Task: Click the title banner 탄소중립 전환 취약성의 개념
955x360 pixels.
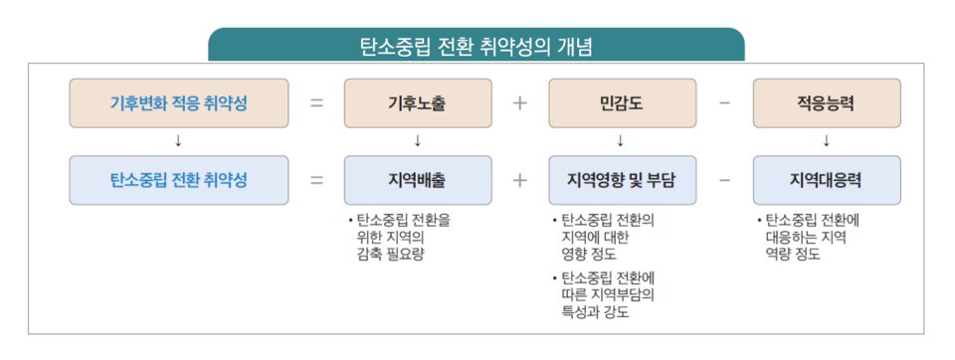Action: (477, 46)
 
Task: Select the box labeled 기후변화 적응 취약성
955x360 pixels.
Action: (179, 102)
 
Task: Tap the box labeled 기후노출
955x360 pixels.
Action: (418, 102)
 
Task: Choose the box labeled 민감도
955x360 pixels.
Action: (621, 102)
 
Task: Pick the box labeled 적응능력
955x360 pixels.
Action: (826, 102)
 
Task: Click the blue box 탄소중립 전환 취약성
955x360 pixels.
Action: (179, 180)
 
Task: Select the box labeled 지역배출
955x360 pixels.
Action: (418, 180)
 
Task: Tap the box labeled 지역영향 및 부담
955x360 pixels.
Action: (621, 180)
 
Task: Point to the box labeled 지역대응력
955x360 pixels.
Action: (826, 180)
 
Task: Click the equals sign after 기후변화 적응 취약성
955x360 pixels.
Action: (316, 102)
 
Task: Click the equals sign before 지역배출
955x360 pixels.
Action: (316, 180)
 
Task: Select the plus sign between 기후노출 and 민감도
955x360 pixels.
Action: (519, 102)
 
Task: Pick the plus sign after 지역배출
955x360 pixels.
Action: (519, 180)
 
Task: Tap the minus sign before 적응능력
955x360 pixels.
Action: (724, 102)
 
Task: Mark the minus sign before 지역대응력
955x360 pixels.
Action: (724, 180)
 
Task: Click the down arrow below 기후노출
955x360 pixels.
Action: (418, 140)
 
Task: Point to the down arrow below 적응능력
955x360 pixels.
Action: (826, 140)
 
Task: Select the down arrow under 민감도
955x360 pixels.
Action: (621, 140)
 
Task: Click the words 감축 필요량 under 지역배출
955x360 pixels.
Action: (390, 254)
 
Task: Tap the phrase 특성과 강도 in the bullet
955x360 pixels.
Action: (595, 311)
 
